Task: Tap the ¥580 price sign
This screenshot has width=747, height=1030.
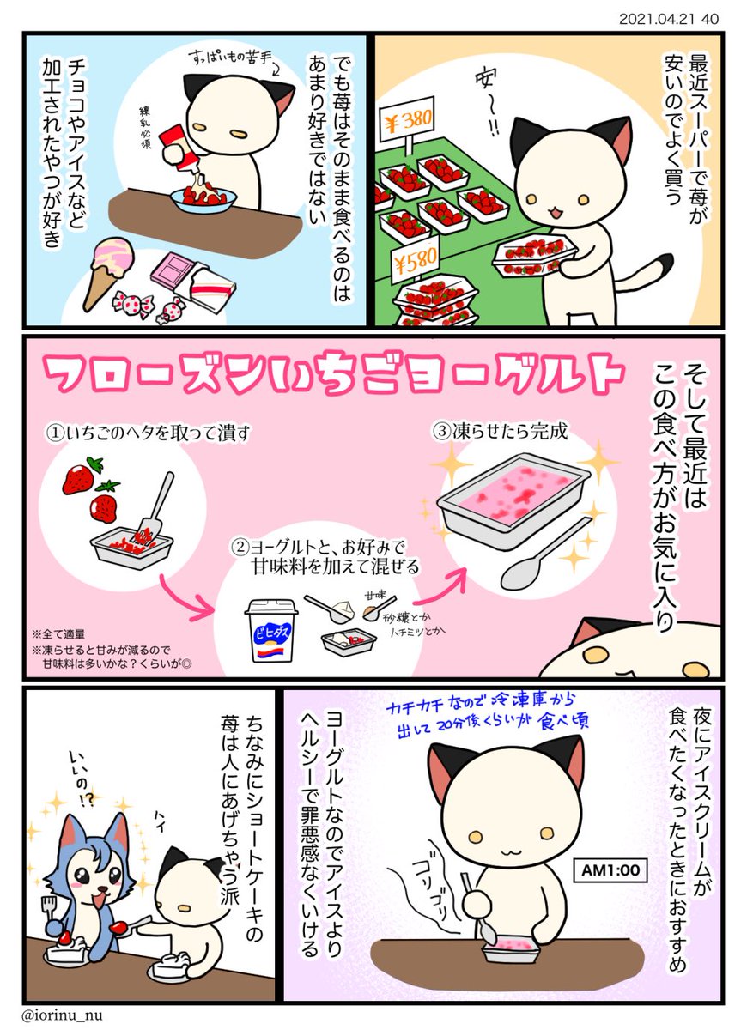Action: click(416, 261)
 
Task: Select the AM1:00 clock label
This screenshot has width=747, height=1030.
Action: click(610, 869)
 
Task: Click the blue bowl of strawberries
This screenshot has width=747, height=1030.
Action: click(203, 202)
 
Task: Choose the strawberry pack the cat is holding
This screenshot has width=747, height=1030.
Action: click(533, 253)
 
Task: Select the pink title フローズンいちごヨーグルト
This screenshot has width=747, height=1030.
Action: click(333, 375)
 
